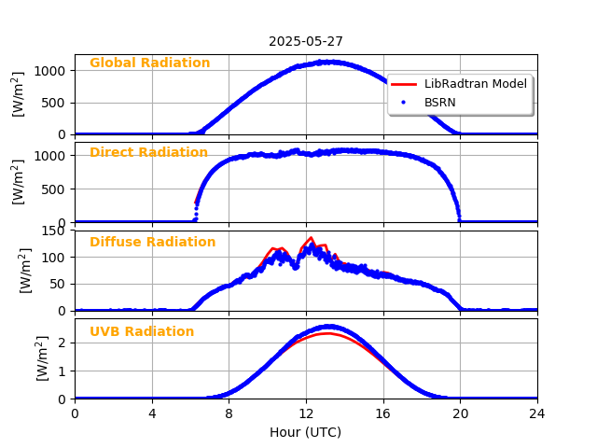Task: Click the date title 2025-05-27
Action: (x=306, y=41)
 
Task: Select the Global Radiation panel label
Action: (x=149, y=63)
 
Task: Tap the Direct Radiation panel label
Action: (x=148, y=153)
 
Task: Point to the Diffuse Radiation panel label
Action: (x=152, y=243)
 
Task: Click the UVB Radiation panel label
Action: (x=142, y=332)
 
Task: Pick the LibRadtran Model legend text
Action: (x=476, y=84)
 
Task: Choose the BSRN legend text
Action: (x=440, y=102)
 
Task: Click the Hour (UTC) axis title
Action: (x=306, y=432)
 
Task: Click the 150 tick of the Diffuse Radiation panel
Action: (x=55, y=231)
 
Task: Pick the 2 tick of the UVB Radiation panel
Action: (x=61, y=343)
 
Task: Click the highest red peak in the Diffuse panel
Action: (x=311, y=238)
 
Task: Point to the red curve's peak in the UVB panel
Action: (x=326, y=333)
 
